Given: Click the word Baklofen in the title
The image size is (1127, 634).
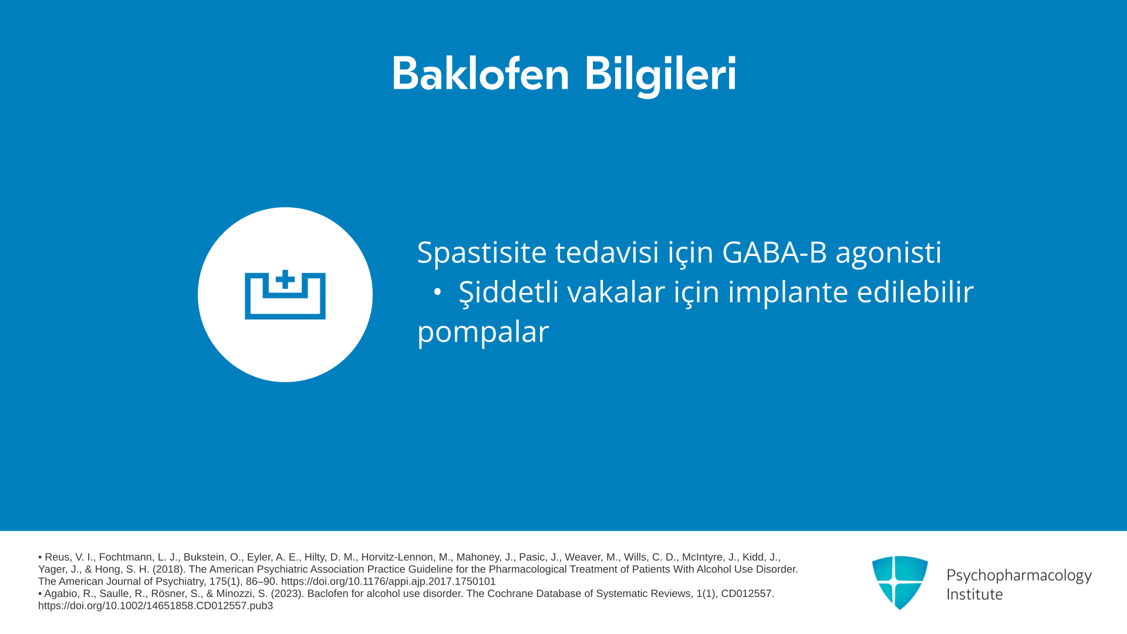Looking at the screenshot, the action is (x=481, y=74).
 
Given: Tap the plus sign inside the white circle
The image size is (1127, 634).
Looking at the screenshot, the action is (x=285, y=279).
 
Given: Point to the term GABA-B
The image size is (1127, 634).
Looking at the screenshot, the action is (x=774, y=252).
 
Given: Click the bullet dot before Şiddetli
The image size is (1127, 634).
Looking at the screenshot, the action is (x=437, y=292).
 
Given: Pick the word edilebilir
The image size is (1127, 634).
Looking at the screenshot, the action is (x=915, y=292).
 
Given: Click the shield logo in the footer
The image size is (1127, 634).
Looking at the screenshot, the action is (x=900, y=582).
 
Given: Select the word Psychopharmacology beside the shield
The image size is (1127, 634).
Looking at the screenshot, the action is (x=1019, y=576).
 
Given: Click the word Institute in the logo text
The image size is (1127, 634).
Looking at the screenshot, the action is (x=974, y=594).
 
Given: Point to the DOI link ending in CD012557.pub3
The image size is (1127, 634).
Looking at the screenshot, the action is (x=156, y=606).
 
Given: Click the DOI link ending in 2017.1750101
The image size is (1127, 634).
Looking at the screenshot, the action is (x=389, y=582).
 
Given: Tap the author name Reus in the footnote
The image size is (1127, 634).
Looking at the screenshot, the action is (x=58, y=557).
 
